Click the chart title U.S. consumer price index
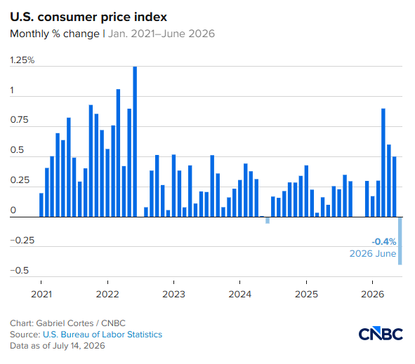tap(88, 17)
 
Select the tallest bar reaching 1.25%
tap(135, 142)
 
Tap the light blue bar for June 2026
tap(400, 241)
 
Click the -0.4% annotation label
tap(384, 241)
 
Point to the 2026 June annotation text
tap(373, 253)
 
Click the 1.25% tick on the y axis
tap(22, 60)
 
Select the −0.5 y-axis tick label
tap(20, 271)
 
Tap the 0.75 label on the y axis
tap(19, 120)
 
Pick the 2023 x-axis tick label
tap(173, 294)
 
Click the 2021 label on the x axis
tap(41, 294)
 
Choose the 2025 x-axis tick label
tap(306, 294)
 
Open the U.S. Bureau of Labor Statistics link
tap(103, 335)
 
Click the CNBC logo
tap(381, 333)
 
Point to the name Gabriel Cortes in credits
tap(65, 323)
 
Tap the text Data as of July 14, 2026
tap(58, 346)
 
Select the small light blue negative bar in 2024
tap(268, 220)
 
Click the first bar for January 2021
tap(41, 205)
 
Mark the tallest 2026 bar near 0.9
tap(383, 163)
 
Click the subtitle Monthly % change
tap(55, 34)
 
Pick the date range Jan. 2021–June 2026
tap(162, 34)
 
